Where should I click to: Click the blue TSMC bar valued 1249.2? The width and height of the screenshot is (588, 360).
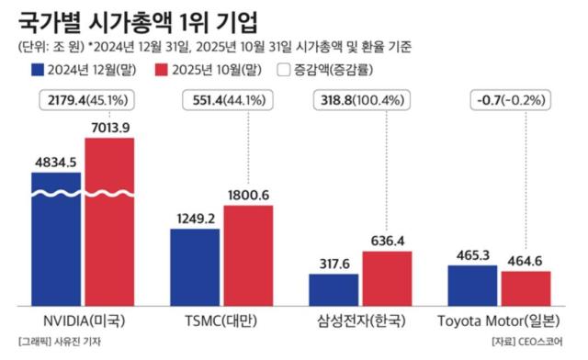click(195, 266)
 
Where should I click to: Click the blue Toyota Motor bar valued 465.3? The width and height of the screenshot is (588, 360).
click(472, 285)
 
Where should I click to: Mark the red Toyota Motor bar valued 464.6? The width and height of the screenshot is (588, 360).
click(526, 287)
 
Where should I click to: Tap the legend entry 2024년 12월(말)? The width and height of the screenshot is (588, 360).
click(86, 69)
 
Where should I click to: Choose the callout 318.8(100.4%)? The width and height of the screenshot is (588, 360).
click(361, 98)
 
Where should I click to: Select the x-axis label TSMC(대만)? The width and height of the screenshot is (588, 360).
click(220, 321)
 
